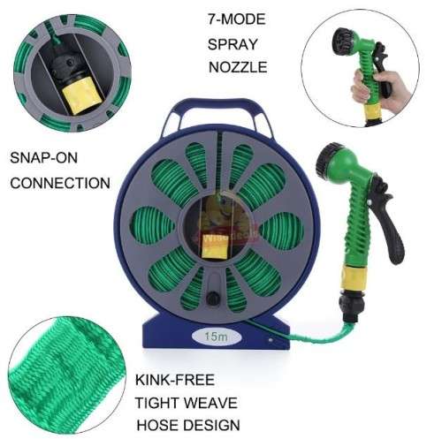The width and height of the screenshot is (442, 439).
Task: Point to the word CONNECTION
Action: point(59,183)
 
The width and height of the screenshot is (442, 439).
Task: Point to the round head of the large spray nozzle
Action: point(329,164)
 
